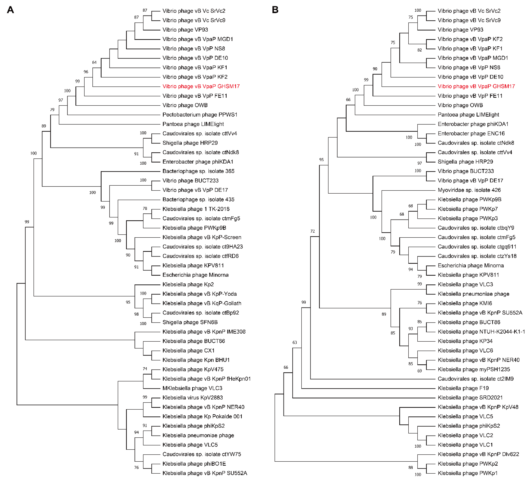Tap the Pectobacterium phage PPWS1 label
pyautogui.click(x=200, y=115)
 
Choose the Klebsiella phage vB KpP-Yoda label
pyautogui.click(x=200, y=294)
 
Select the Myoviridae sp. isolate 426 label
pyautogui.click(x=469, y=190)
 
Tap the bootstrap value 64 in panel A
pyautogui.click(x=94, y=62)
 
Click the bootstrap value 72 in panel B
pyautogui.click(x=312, y=231)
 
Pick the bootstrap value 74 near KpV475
pyautogui.click(x=145, y=369)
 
